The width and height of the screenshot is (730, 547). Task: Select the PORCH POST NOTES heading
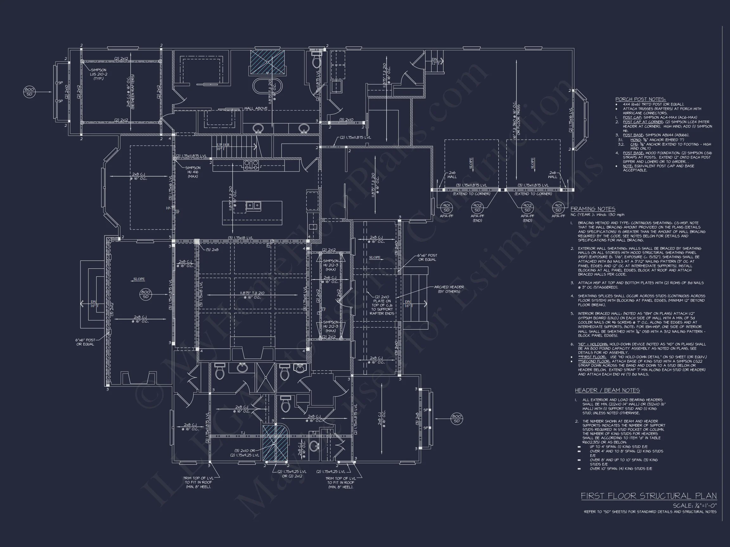click(640, 99)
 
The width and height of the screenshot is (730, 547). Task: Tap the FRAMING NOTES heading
click(593, 209)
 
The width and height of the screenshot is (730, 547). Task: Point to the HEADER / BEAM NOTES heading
click(607, 390)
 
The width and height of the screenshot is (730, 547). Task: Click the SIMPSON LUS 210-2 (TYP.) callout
click(98, 74)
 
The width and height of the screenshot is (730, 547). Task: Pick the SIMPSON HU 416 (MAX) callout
click(193, 172)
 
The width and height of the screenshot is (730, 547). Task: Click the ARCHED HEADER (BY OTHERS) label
click(449, 289)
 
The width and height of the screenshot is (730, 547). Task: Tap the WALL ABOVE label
click(256, 109)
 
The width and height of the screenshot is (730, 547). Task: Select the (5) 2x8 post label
click(212, 249)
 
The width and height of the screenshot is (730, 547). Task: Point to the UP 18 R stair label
click(223, 145)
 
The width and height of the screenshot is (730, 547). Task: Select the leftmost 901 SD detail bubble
click(446, 208)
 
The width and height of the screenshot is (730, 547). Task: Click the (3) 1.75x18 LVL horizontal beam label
click(240, 238)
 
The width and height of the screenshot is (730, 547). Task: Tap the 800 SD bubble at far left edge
click(29, 92)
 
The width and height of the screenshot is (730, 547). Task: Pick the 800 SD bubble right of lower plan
click(457, 418)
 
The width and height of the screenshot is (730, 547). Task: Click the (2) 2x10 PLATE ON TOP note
click(382, 305)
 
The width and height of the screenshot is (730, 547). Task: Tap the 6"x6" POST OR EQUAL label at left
click(86, 342)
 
